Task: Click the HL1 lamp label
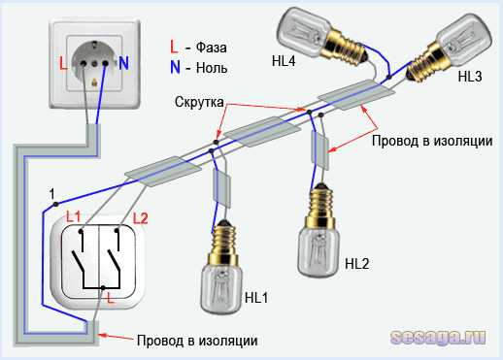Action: [256, 298]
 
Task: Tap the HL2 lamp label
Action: [357, 264]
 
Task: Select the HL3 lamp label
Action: [470, 77]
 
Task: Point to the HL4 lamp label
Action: [284, 61]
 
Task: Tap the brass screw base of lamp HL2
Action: [319, 207]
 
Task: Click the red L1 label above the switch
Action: [73, 216]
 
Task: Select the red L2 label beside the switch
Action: [141, 219]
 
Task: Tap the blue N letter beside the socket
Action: [123, 63]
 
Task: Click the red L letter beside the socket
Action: [63, 63]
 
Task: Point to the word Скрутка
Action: [199, 102]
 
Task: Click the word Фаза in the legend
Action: [211, 48]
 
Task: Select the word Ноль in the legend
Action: [212, 68]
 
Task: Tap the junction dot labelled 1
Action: [56, 204]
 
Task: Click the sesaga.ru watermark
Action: [439, 338]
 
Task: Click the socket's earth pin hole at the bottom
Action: [94, 83]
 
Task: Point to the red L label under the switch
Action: [111, 298]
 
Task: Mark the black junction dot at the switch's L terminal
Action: [103, 287]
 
